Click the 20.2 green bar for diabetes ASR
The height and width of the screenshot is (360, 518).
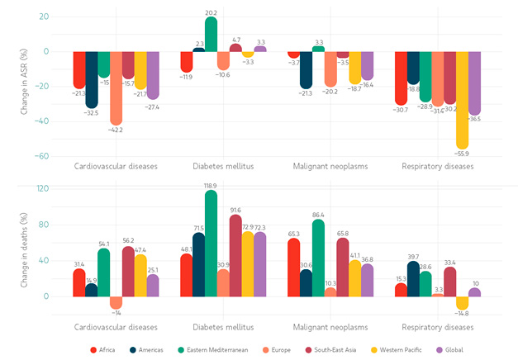tap(211, 34)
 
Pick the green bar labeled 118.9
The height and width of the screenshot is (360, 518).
tap(211, 243)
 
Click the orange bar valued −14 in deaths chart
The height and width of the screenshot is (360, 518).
tap(116, 302)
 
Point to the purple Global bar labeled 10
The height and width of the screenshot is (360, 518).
tap(474, 292)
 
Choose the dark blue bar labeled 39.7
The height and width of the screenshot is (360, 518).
tap(413, 278)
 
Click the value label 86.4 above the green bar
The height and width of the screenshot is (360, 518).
tap(318, 215)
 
